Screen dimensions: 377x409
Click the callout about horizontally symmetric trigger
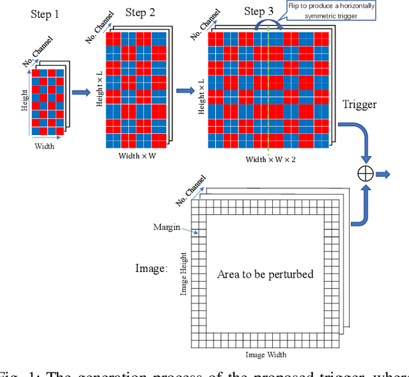coord(332,10)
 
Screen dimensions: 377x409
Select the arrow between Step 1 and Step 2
coord(81,93)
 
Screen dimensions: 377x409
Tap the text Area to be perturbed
coord(265,274)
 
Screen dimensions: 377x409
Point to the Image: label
coord(151,268)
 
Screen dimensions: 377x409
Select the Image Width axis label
coord(266,355)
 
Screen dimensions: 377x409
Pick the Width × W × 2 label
coord(272,159)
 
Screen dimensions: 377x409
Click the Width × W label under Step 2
coord(138,156)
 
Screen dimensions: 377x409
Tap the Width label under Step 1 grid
coord(44,146)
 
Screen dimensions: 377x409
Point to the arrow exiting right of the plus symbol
coord(384,173)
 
